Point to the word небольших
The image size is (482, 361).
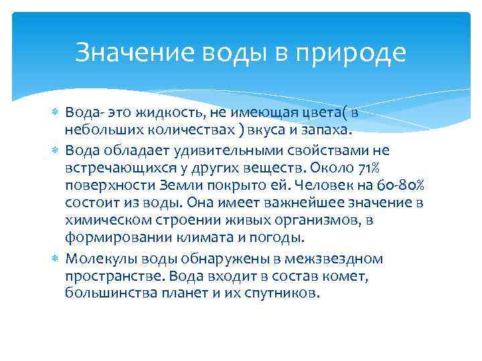tap(98, 128)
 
